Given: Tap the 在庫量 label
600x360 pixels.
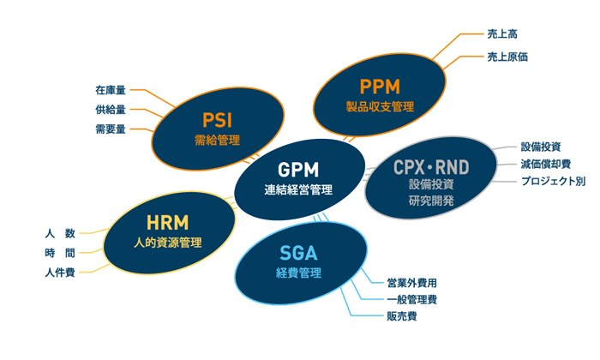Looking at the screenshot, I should pyautogui.click(x=111, y=89).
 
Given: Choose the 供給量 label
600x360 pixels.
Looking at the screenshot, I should pyautogui.click(x=111, y=110).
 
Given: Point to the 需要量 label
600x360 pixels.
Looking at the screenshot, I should pyautogui.click(x=111, y=129).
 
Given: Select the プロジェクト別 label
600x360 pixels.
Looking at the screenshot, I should pyautogui.click(x=553, y=181).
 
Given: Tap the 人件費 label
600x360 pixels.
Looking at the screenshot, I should pyautogui.click(x=59, y=273).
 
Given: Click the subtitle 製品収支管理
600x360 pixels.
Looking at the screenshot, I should pyautogui.click(x=380, y=108).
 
